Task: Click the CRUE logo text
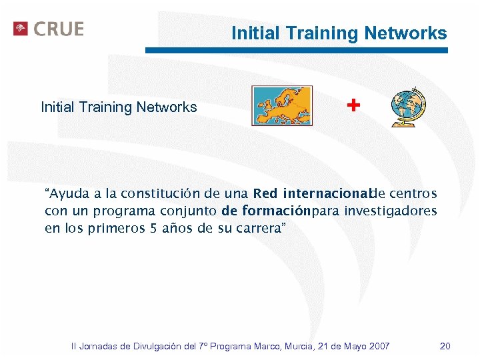click(59, 29)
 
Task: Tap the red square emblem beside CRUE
click(21, 29)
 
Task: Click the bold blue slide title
click(339, 33)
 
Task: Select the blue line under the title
click(297, 50)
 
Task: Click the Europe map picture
click(281, 105)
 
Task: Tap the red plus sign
click(353, 105)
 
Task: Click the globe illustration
click(408, 106)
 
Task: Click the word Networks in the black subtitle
click(167, 107)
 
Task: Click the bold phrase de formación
click(265, 211)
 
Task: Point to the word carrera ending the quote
click(264, 228)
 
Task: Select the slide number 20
click(445, 346)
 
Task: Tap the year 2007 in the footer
click(378, 346)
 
